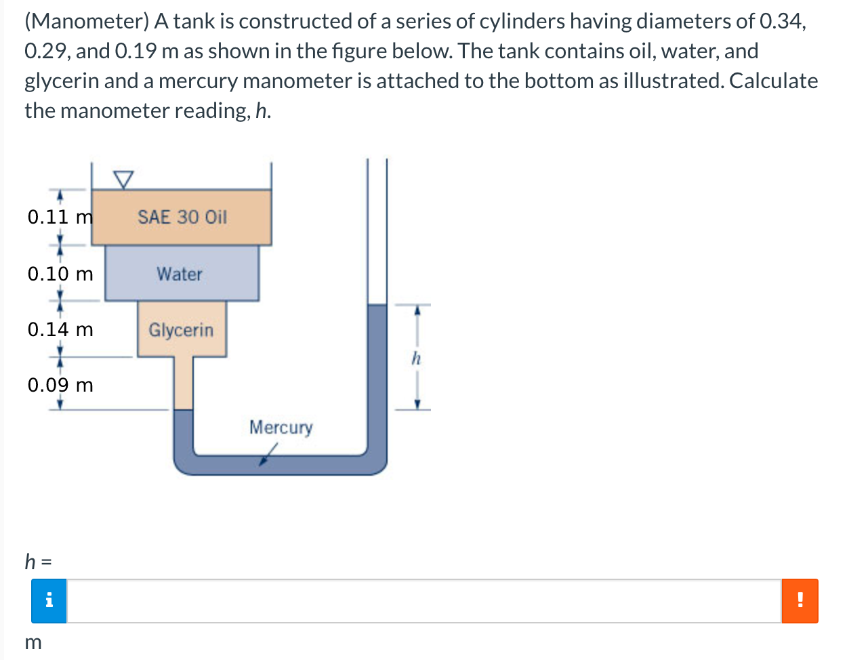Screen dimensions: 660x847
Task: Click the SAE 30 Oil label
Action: click(x=182, y=218)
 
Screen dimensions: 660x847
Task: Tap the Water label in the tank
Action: click(x=180, y=274)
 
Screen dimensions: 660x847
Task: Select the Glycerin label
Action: click(x=181, y=330)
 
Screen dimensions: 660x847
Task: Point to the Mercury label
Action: click(x=281, y=428)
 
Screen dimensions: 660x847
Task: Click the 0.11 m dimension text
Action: click(x=60, y=218)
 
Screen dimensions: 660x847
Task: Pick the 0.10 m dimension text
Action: click(x=60, y=274)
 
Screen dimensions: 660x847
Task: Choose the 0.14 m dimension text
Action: click(x=60, y=330)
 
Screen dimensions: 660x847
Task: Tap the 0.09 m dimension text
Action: click(x=60, y=386)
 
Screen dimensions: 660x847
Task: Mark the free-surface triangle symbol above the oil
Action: click(x=123, y=179)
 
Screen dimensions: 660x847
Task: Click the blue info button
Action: click(x=49, y=601)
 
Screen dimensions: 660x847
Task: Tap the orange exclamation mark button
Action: click(x=800, y=601)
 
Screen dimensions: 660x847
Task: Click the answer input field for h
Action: click(x=423, y=601)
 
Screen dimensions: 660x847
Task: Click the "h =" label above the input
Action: click(x=39, y=561)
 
